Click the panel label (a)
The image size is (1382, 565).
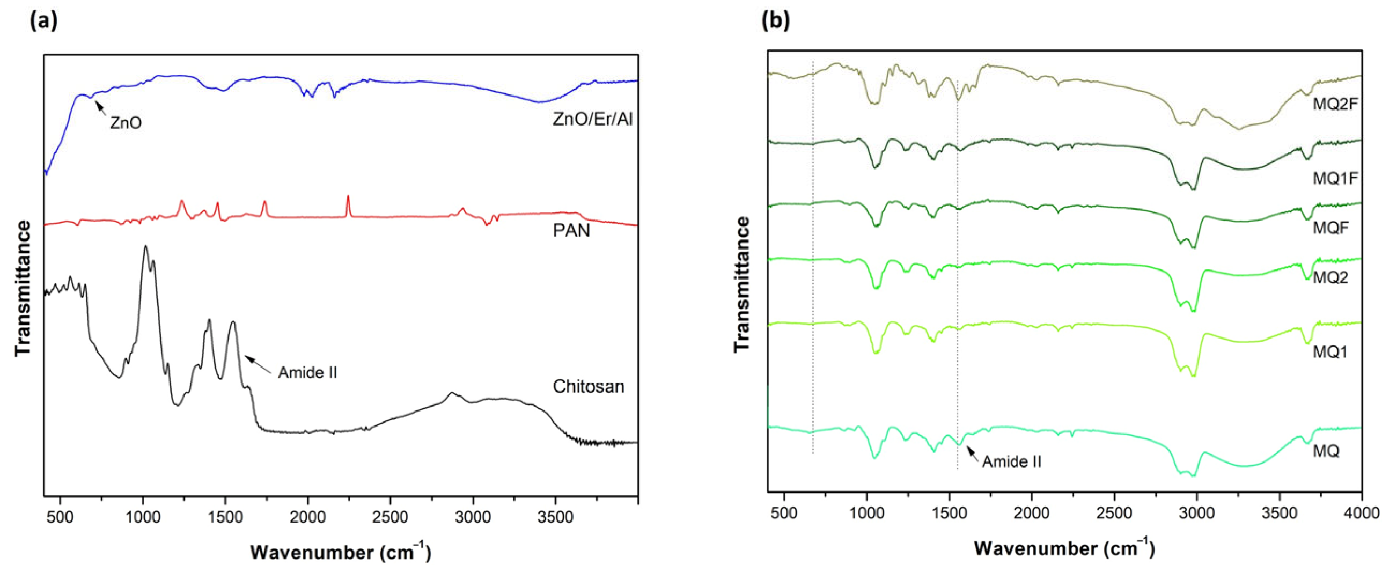coord(43,21)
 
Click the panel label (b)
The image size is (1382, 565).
coord(776,21)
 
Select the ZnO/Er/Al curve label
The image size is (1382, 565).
coord(592,119)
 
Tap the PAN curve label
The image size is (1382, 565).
coord(571,231)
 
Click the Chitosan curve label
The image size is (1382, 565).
coord(589,386)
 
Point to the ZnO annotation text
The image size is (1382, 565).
coord(126,123)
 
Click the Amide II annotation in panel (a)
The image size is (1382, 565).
coord(307,372)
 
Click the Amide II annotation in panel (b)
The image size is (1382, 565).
coord(1011,461)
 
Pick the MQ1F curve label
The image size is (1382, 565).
coord(1335,178)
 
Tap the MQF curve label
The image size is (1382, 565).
coord(1330,228)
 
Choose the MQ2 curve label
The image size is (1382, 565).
coord(1330,277)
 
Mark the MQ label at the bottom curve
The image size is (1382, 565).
coord(1326,451)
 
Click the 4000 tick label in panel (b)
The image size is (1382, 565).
coord(1363,513)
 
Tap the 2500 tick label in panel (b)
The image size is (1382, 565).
coord(1114,513)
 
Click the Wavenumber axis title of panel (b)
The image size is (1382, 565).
coord(1064,549)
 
